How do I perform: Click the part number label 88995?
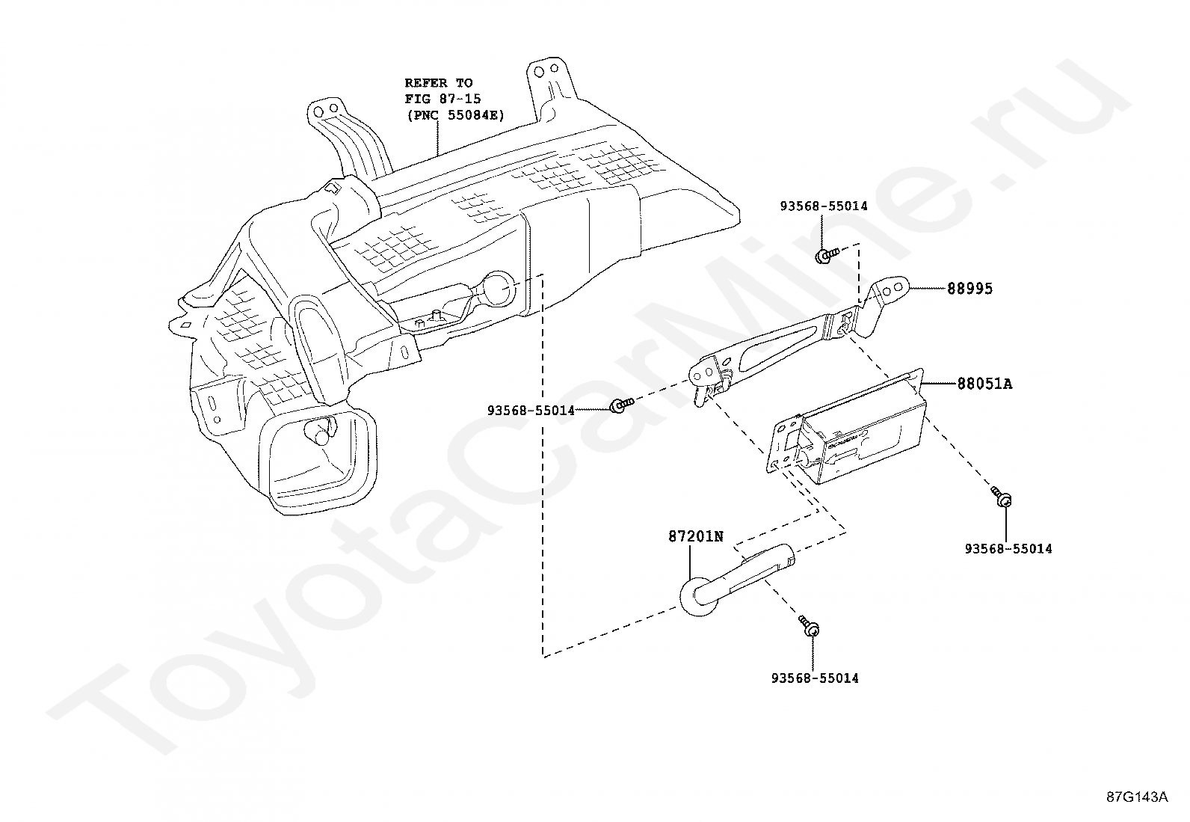coord(969,289)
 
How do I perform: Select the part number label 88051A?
coord(984,384)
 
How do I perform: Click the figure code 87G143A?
coord(1136,797)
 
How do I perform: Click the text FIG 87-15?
coord(443,99)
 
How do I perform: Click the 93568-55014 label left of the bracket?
coord(530,410)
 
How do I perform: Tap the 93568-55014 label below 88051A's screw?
coord(1008,549)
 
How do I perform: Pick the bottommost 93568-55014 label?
coord(814,678)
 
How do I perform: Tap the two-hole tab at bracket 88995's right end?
coord(892,289)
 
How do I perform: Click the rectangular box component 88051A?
coord(860,434)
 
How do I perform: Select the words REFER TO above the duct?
coord(439,83)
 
